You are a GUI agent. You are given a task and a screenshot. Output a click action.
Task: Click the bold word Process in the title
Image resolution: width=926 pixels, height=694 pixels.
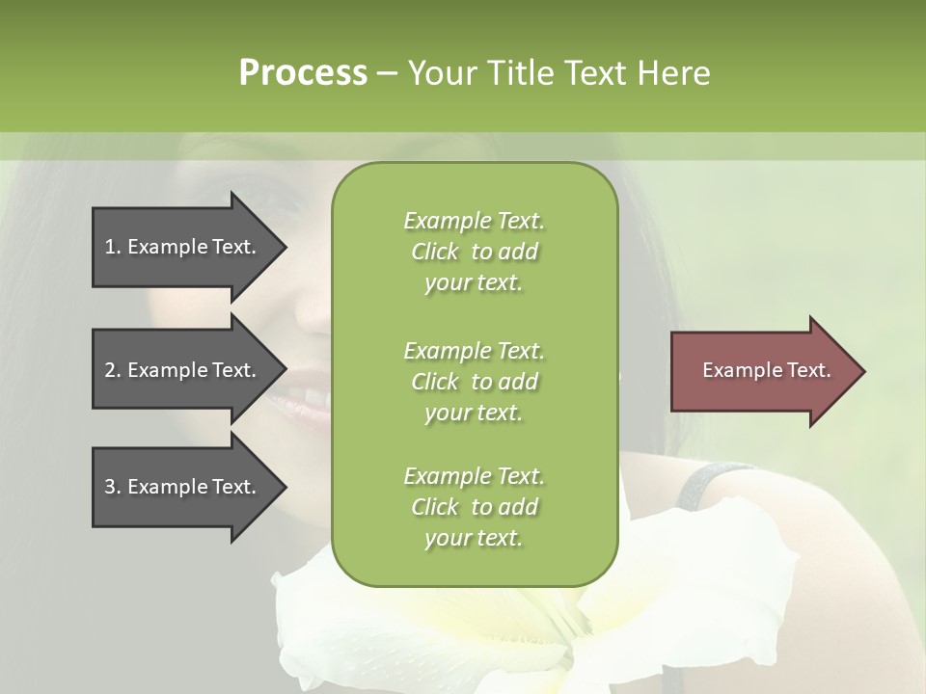[x=303, y=72]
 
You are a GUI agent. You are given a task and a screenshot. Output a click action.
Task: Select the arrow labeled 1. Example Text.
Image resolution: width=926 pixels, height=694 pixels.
[x=183, y=247]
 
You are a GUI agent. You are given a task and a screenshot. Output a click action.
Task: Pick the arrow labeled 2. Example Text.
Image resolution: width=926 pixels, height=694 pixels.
[x=183, y=370]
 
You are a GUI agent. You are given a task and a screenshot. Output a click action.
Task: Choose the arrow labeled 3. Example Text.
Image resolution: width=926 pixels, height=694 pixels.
[x=183, y=487]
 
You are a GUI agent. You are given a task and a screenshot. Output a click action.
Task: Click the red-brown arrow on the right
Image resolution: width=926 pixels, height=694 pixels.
[x=762, y=371]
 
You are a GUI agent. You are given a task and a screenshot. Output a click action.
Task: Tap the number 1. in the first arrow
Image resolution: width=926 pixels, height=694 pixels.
[x=112, y=247]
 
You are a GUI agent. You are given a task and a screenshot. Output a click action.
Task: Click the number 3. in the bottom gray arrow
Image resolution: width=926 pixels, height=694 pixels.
[x=112, y=487]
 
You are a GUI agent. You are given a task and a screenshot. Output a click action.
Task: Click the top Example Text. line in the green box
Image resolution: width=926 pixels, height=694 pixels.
[x=474, y=221]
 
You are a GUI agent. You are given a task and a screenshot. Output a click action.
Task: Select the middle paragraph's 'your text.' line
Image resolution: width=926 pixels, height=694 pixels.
[x=474, y=413]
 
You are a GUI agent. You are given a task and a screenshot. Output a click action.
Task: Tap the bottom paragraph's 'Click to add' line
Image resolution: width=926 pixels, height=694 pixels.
[x=474, y=507]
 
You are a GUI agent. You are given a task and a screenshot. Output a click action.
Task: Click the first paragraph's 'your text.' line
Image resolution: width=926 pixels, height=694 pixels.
[x=474, y=282]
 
